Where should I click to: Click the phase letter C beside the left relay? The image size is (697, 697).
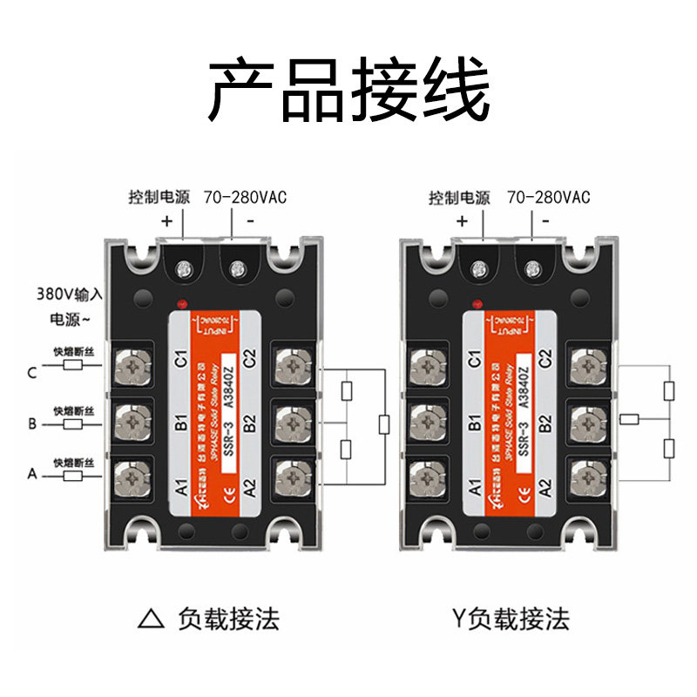click(x=31, y=374)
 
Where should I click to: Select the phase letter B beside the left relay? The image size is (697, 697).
click(x=31, y=424)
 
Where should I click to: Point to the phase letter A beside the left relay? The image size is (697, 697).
click(x=31, y=474)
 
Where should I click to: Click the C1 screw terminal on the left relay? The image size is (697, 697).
click(x=132, y=366)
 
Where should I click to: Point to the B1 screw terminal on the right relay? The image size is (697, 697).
click(x=428, y=420)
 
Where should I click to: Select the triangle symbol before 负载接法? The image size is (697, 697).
click(x=152, y=619)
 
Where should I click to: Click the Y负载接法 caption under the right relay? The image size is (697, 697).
click(x=510, y=619)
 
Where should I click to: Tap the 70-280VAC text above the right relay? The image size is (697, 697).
click(x=548, y=198)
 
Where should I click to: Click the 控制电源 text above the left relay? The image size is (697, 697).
click(x=158, y=198)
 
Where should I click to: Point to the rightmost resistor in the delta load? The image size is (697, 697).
click(x=384, y=424)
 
